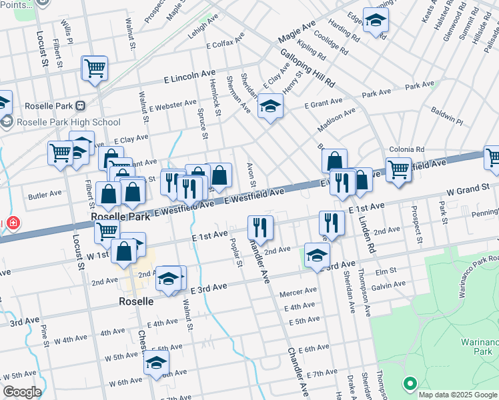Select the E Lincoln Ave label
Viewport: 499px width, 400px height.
[x=190, y=77]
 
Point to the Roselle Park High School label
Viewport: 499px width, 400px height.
[x=68, y=122]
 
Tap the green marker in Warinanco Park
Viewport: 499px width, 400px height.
[x=410, y=383]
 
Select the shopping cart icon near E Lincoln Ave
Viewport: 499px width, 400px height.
[x=95, y=67]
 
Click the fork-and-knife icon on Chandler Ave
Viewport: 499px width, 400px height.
[x=260, y=227]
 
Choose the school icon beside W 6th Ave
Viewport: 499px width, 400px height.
[x=156, y=363]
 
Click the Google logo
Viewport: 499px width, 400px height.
[x=21, y=392]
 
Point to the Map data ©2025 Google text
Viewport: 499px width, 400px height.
[x=458, y=395]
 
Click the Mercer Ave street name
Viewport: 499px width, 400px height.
[x=298, y=291]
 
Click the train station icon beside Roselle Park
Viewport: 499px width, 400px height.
[x=81, y=105]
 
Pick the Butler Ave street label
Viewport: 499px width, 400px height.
[x=45, y=195]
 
